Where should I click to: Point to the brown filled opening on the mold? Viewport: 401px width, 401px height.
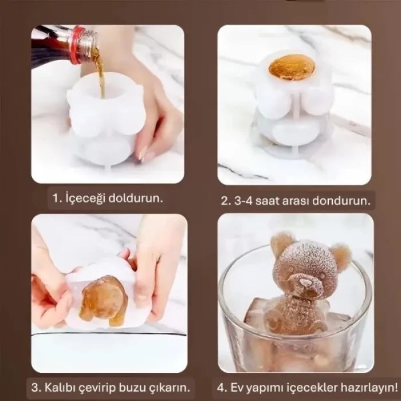pos(291,67)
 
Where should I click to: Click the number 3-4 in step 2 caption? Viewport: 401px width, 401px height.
pos(242,201)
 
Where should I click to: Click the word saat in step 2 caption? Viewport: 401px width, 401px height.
pos(269,201)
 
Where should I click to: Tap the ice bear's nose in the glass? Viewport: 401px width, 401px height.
pos(299,280)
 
